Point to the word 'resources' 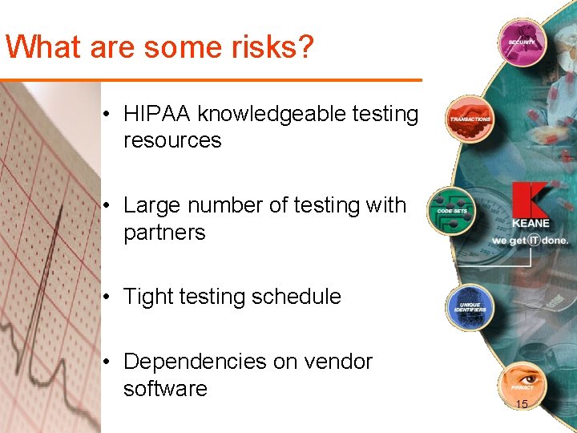pos(172,140)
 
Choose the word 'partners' pos(164,233)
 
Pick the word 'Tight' pos(148,297)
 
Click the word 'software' pos(165,389)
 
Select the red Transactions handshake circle pos(469,119)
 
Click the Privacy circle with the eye pos(522,384)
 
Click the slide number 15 pos(522,404)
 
